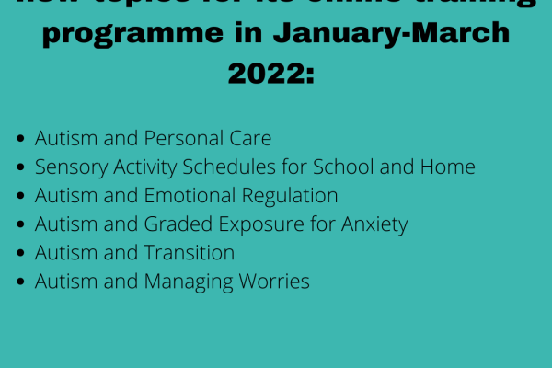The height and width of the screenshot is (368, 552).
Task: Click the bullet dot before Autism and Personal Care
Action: [x=21, y=140]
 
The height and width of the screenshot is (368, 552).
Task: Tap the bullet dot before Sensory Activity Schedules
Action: [x=21, y=168]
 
